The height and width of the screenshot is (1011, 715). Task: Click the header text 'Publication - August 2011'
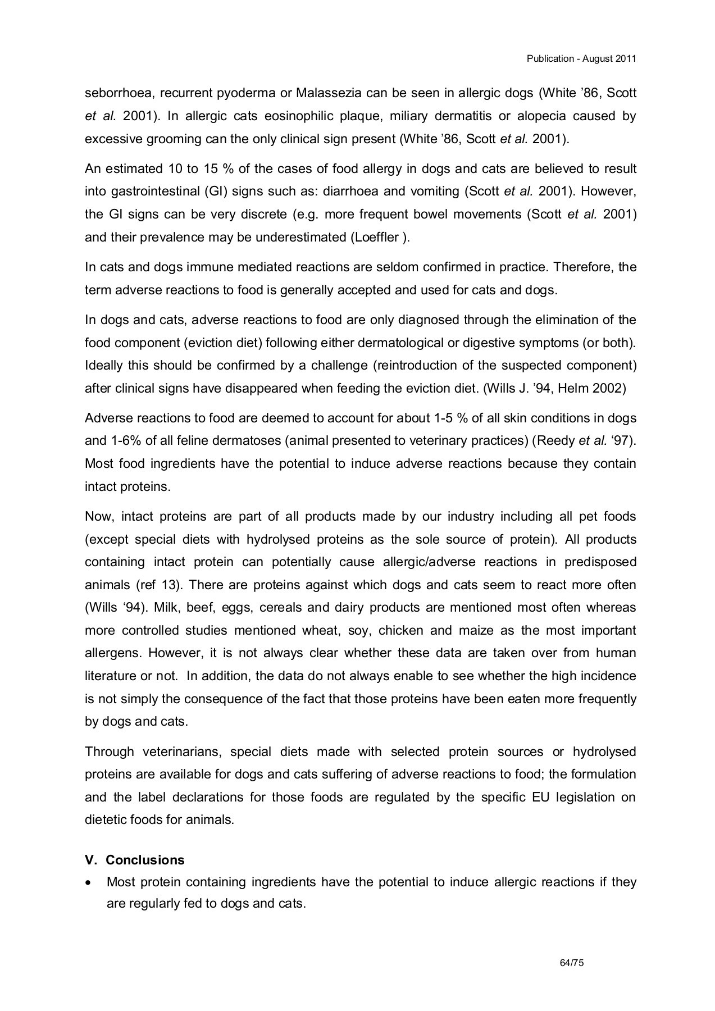tap(581, 59)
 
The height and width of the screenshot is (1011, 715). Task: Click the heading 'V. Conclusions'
tap(135, 860)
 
